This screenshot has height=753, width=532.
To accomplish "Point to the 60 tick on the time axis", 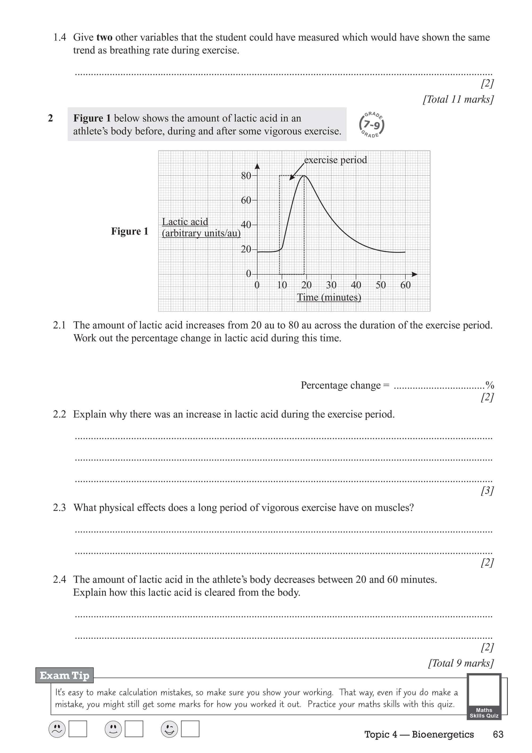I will (x=405, y=285).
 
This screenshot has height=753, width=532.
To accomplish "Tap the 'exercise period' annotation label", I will (x=335, y=160).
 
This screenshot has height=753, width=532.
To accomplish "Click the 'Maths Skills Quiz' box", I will (x=484, y=697).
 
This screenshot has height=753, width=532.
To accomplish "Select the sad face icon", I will (x=57, y=729).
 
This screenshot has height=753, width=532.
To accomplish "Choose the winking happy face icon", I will (x=169, y=729).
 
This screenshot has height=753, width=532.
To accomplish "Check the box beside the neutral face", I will (x=134, y=729).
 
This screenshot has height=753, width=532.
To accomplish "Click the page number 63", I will (x=498, y=735).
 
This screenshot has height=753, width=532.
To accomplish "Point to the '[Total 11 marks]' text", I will (x=458, y=99).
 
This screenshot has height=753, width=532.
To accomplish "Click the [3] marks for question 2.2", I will (x=487, y=491).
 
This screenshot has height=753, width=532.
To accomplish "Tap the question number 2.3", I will (x=59, y=508).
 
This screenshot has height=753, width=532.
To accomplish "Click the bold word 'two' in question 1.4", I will (x=104, y=37).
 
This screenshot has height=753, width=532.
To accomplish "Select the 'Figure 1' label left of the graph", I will (x=130, y=231).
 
